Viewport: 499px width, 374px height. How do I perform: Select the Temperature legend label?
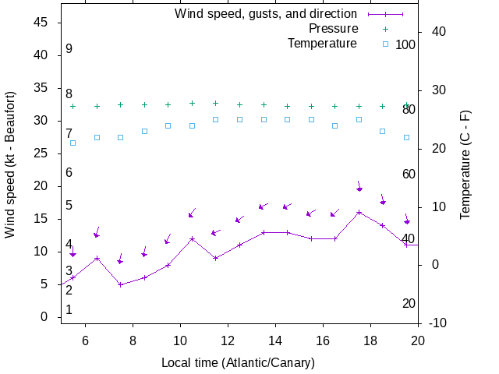[322, 44]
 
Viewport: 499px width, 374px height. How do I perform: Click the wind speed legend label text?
[266, 14]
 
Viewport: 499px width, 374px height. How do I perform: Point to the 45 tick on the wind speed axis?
[42, 23]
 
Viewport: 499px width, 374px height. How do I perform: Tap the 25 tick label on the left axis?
[42, 153]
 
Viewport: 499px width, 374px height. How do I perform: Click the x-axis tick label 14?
[275, 340]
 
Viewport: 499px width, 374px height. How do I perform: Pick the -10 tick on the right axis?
[437, 323]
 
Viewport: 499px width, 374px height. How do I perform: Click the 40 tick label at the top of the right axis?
[437, 32]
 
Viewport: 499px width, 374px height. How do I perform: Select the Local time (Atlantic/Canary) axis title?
[238, 362]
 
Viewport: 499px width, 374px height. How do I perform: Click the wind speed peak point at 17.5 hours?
[359, 212]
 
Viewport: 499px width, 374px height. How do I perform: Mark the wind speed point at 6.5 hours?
[97, 258]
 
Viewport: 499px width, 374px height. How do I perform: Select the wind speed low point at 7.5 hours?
[120, 284]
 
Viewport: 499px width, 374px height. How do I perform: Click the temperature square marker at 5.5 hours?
[73, 143]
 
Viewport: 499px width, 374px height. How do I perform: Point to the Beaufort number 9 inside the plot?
[69, 49]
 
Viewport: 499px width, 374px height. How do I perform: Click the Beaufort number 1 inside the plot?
[69, 310]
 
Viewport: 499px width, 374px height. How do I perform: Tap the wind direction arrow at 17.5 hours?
[359, 186]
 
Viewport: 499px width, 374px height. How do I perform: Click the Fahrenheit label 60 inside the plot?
[409, 174]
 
